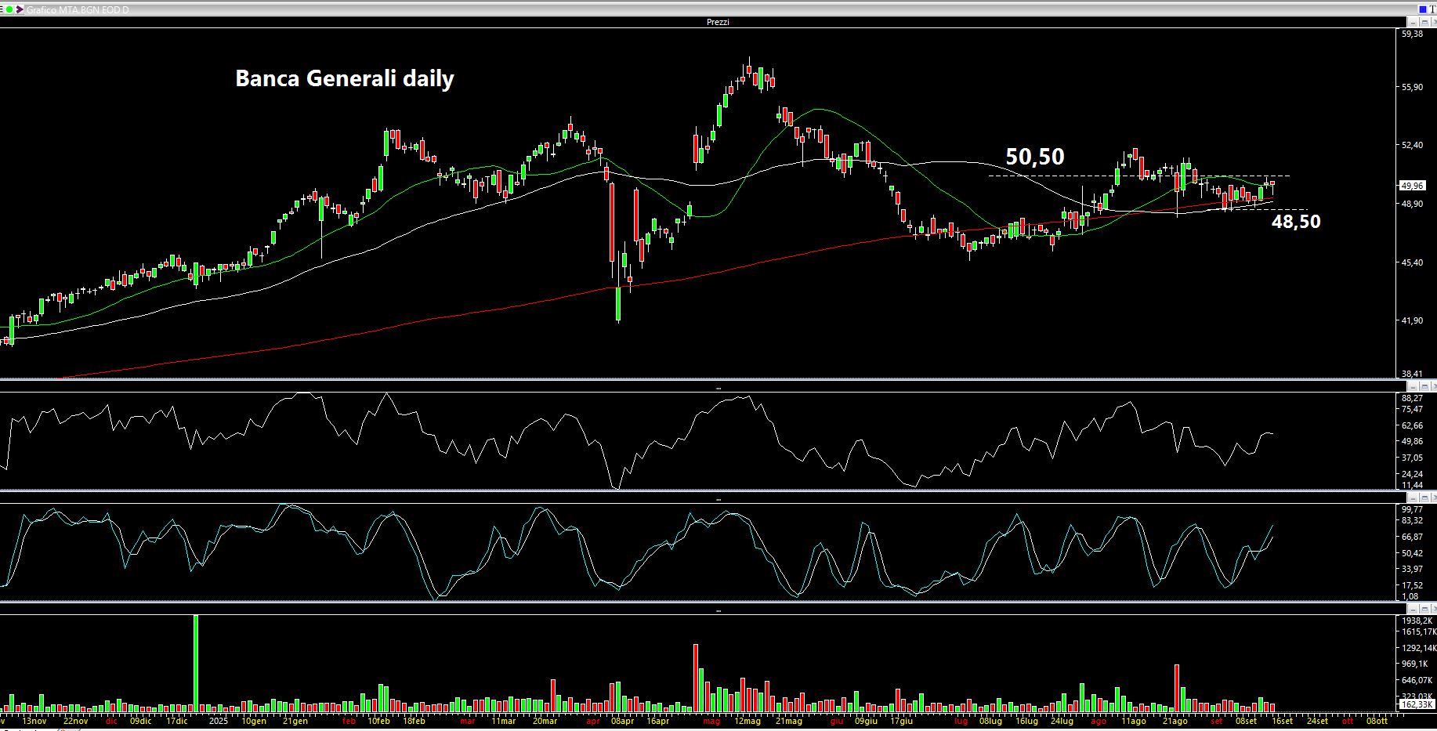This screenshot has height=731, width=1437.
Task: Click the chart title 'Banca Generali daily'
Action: click(x=344, y=79)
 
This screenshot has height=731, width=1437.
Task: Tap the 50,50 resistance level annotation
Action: click(x=1034, y=157)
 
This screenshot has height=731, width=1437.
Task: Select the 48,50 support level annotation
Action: click(x=1295, y=222)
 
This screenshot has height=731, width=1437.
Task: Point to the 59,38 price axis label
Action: click(x=1412, y=34)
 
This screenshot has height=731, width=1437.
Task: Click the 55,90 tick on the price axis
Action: click(x=1412, y=87)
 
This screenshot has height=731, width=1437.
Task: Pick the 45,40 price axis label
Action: click(x=1412, y=262)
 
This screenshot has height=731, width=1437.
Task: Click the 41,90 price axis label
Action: click(x=1412, y=320)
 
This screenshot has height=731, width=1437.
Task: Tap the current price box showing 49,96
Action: click(x=1412, y=186)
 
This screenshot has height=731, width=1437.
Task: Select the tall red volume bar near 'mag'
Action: click(x=695, y=677)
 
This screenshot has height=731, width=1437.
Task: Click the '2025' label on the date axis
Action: click(x=217, y=721)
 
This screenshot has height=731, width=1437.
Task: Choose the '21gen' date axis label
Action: click(x=295, y=721)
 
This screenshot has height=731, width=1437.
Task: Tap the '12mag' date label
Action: click(x=747, y=721)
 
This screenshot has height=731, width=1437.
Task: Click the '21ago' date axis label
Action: click(x=1175, y=721)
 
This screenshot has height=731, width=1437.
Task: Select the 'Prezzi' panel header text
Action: click(x=718, y=22)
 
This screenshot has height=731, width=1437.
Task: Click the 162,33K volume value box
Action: click(x=1416, y=704)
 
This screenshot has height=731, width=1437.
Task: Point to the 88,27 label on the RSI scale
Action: click(x=1412, y=398)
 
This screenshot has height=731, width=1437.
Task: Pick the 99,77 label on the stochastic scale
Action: click(x=1412, y=509)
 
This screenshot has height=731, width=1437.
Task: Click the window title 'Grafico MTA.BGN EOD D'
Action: click(x=78, y=9)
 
